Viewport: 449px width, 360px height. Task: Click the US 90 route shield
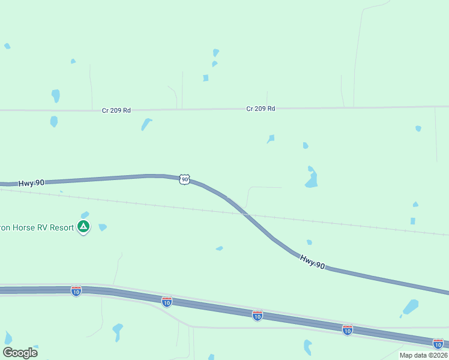(x=184, y=179)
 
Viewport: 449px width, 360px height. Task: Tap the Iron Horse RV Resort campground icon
(x=83, y=227)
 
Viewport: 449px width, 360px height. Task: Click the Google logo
(x=20, y=352)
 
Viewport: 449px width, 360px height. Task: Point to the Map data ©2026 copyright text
(x=423, y=355)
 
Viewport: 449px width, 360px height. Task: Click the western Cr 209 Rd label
(x=116, y=110)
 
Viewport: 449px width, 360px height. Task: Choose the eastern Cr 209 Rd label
(x=261, y=109)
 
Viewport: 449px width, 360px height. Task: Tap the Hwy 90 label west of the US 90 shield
(x=31, y=182)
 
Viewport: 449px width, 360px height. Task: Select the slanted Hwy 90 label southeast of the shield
(x=313, y=262)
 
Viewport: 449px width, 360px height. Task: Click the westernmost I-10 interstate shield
(x=76, y=291)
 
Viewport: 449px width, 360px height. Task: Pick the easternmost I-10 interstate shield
(x=438, y=343)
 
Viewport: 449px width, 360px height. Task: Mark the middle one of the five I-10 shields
(x=258, y=315)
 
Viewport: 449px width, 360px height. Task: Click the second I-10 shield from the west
(x=167, y=301)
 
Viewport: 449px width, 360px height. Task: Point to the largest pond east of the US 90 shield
(x=311, y=179)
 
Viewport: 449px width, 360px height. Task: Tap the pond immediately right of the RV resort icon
(x=103, y=227)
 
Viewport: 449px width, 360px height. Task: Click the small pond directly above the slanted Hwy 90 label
(x=309, y=242)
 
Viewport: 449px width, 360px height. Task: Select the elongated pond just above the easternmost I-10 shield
(x=411, y=307)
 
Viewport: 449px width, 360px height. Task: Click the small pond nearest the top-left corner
(x=7, y=46)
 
